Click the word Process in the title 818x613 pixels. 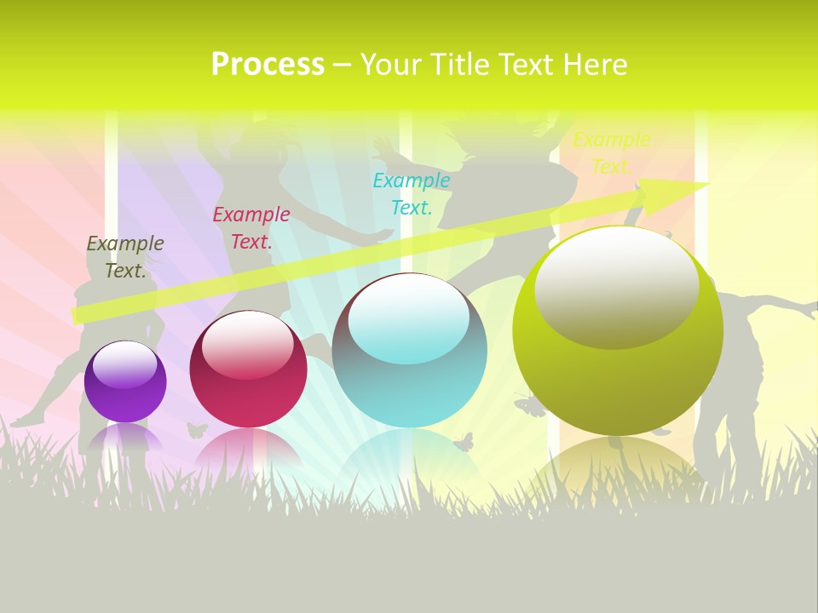click(268, 65)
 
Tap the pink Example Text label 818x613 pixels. click(251, 228)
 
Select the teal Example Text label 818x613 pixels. click(412, 193)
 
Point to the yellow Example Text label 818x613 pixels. click(611, 153)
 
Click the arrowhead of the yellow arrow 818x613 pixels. click(682, 189)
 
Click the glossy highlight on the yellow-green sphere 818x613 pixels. click(616, 286)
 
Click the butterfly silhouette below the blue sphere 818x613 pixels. click(464, 442)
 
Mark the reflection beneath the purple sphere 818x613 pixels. click(125, 438)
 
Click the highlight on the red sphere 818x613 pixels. click(248, 342)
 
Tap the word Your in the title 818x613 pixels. click(389, 65)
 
